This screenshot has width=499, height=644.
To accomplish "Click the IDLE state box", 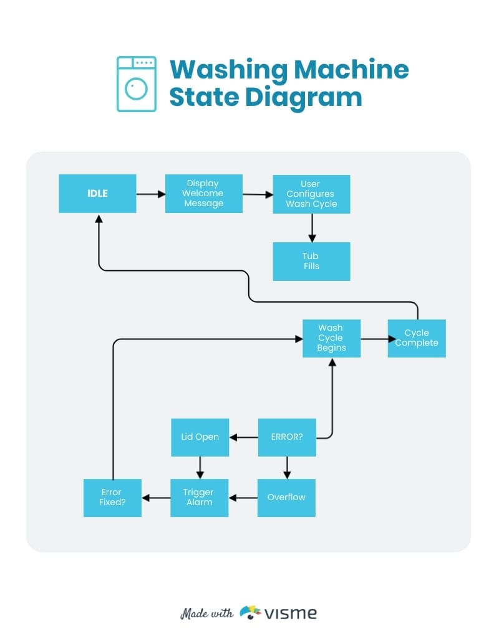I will (97, 194).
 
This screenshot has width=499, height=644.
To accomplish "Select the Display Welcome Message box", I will (203, 194).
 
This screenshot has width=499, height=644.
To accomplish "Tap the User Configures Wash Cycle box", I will (311, 194).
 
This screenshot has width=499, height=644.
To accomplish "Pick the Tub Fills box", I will (311, 261).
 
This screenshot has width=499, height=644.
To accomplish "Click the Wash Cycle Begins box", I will (331, 338).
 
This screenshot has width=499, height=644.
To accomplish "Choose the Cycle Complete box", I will (417, 338).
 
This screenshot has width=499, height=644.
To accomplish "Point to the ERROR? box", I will (287, 437).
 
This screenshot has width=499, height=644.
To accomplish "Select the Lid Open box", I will (200, 437).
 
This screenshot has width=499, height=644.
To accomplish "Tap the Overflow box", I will (286, 498).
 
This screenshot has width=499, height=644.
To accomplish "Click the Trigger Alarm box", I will (199, 498).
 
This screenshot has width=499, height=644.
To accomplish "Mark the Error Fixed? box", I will (112, 498).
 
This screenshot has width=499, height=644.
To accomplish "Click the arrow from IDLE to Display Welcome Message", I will (150, 194).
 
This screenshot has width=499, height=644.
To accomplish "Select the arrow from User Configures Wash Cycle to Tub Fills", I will (312, 228).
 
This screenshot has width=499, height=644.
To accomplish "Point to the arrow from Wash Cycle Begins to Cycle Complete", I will (374, 340).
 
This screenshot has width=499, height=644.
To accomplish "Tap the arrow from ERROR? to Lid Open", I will (243, 437).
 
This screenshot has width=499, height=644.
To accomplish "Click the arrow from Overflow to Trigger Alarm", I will (243, 498).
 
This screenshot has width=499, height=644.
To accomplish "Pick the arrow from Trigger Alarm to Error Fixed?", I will (156, 498).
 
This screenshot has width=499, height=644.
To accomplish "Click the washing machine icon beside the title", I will (136, 84).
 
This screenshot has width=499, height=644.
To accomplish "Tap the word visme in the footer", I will (290, 613).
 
